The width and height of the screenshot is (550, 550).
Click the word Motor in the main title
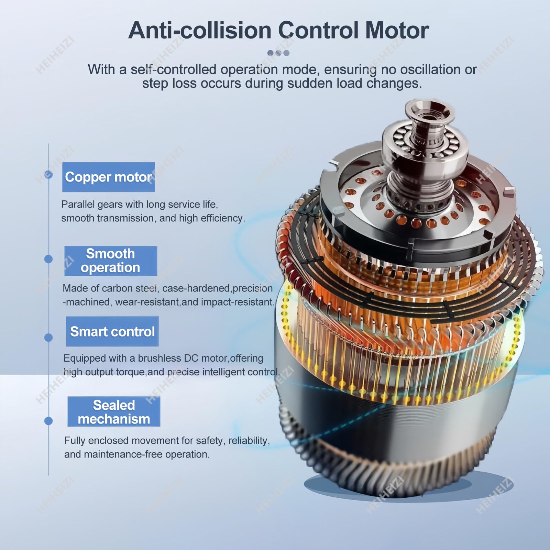pyautogui.click(x=397, y=30)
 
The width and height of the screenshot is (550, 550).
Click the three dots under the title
pyautogui.click(x=278, y=53)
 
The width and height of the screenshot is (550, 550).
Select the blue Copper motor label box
pyautogui.click(x=109, y=177)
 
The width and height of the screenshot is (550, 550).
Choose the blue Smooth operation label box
pyautogui.click(x=111, y=261)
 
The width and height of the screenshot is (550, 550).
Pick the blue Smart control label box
pyautogui.click(x=112, y=331)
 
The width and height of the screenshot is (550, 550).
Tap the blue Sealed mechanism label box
pyautogui.click(x=114, y=412)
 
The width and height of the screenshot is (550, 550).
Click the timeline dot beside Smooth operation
pyautogui.click(x=48, y=259)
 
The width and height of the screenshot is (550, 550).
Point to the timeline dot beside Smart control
pyautogui.click(x=48, y=338)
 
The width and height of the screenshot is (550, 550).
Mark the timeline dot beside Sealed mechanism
pyautogui.click(x=48, y=421)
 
